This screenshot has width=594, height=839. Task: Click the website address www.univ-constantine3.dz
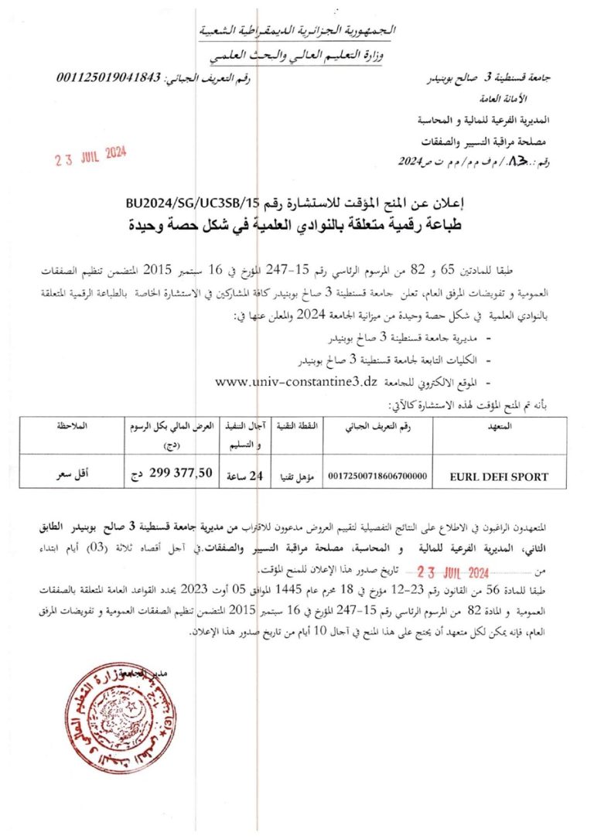pos(296,380)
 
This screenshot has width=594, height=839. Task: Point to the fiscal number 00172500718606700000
pos(377,477)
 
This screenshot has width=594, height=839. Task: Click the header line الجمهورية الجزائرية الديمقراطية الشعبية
pos(298,31)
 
